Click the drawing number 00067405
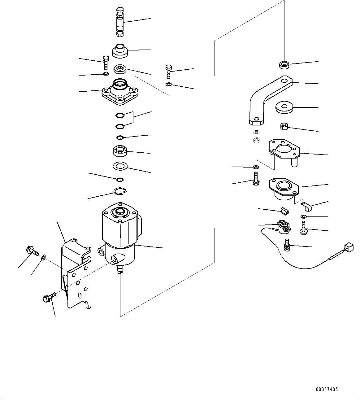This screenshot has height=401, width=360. [327, 389]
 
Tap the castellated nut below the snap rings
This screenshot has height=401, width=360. [119, 152]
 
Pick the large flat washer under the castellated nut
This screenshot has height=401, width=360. [120, 166]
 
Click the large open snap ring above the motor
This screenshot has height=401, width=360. [120, 192]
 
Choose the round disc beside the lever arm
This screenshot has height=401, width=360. [284, 107]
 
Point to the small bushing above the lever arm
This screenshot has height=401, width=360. [284, 65]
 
